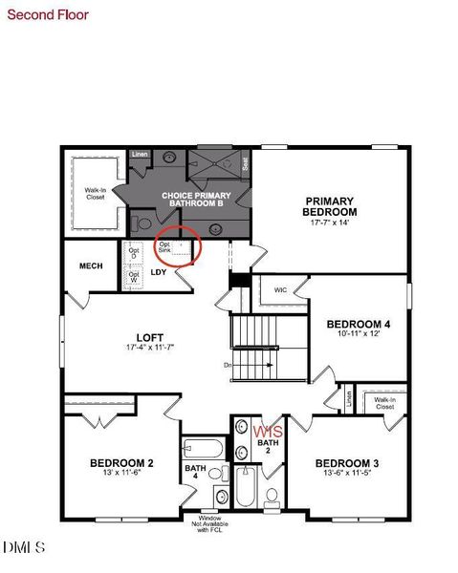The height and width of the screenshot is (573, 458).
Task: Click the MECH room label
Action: [x=90, y=266]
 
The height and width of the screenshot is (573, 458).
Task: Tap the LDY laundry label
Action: [x=160, y=272]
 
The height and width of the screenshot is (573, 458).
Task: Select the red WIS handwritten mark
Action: [x=269, y=433]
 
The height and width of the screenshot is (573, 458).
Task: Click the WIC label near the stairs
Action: [x=280, y=289]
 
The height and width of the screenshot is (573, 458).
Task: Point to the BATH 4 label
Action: [x=195, y=472]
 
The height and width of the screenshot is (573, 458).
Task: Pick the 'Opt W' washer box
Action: [x=134, y=278]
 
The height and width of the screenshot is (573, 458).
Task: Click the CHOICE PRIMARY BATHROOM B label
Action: [x=191, y=200]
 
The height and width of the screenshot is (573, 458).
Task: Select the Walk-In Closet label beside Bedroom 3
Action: [x=384, y=404]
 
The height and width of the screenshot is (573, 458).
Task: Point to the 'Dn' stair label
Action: [x=228, y=365]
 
